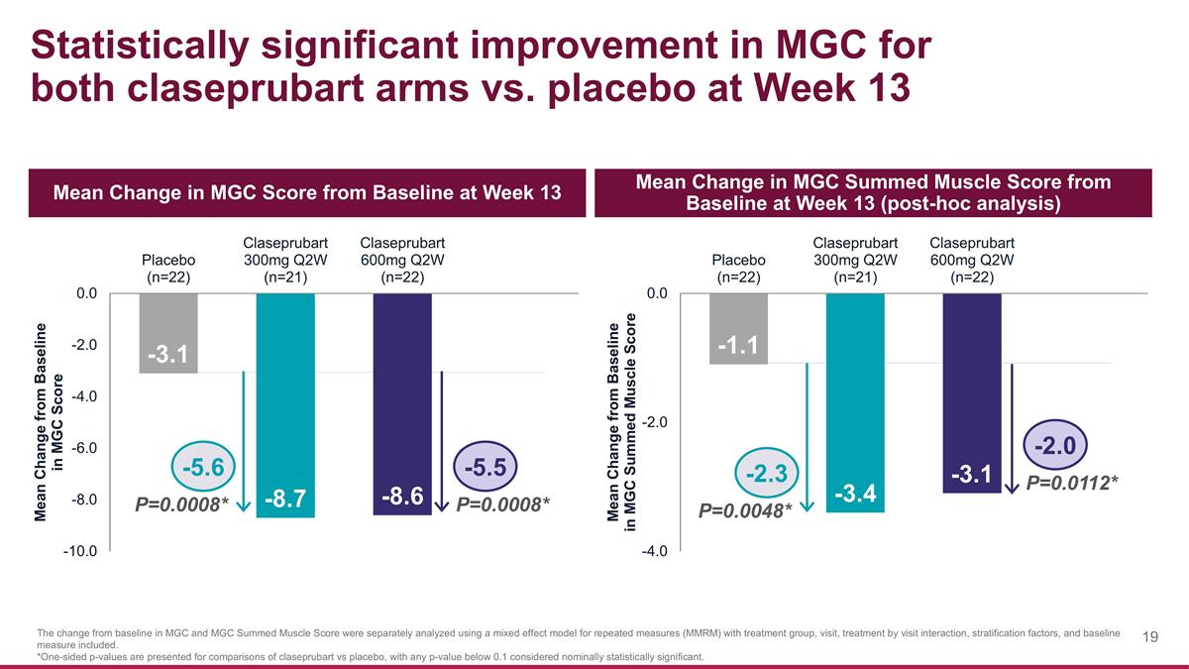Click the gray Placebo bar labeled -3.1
(x=167, y=333)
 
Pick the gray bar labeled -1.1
(x=738, y=328)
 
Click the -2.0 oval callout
(x=1056, y=440)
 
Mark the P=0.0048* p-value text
(x=745, y=511)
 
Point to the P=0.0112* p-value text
(x=1072, y=483)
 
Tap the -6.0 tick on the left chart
(x=82, y=449)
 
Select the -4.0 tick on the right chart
(x=657, y=552)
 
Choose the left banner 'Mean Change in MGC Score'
(x=307, y=192)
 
